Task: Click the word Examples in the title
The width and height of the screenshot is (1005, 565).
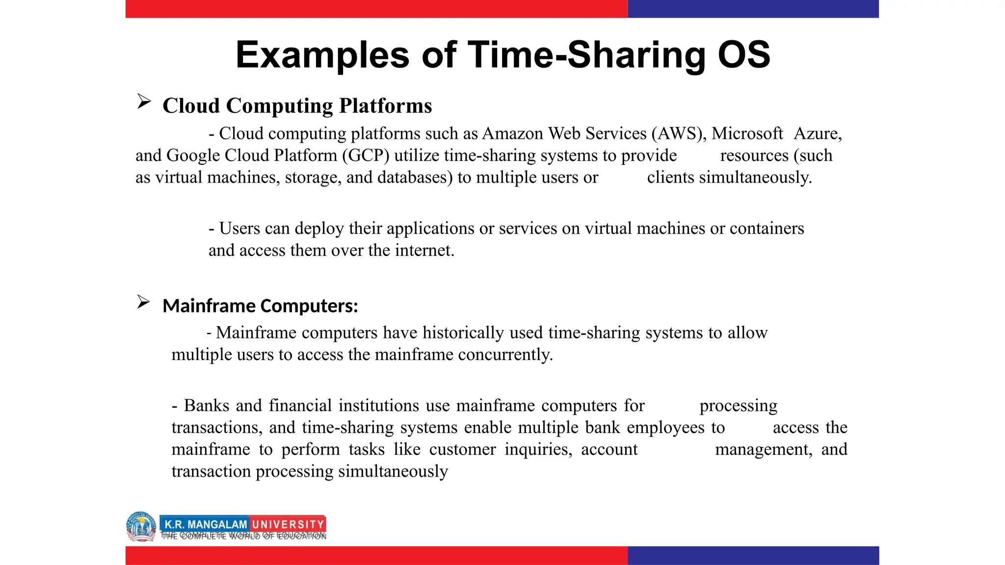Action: (322, 55)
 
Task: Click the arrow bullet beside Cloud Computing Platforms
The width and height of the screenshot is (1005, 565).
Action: (144, 102)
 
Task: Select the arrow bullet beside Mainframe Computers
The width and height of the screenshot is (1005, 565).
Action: (143, 302)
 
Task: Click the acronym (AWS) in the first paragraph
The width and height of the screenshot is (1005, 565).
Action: (679, 133)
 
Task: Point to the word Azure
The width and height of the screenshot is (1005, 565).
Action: (818, 133)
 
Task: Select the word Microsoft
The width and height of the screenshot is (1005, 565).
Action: (747, 133)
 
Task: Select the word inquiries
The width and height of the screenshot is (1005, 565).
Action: (538, 449)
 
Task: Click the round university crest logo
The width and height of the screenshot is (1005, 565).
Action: (141, 526)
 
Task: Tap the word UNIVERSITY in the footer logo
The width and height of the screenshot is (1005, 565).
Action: (288, 524)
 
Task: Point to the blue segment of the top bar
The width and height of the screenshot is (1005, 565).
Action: (753, 9)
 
